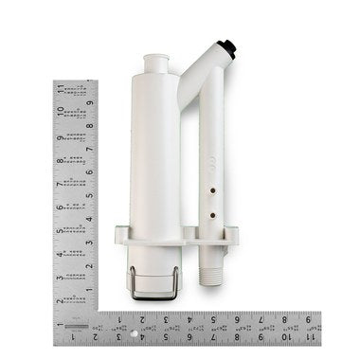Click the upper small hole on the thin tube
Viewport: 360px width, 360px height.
click(x=212, y=189)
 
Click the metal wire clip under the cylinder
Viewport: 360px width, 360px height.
click(x=155, y=284)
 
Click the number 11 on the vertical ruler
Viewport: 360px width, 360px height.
click(x=60, y=91)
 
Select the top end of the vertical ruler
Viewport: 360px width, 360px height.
click(x=75, y=82)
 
